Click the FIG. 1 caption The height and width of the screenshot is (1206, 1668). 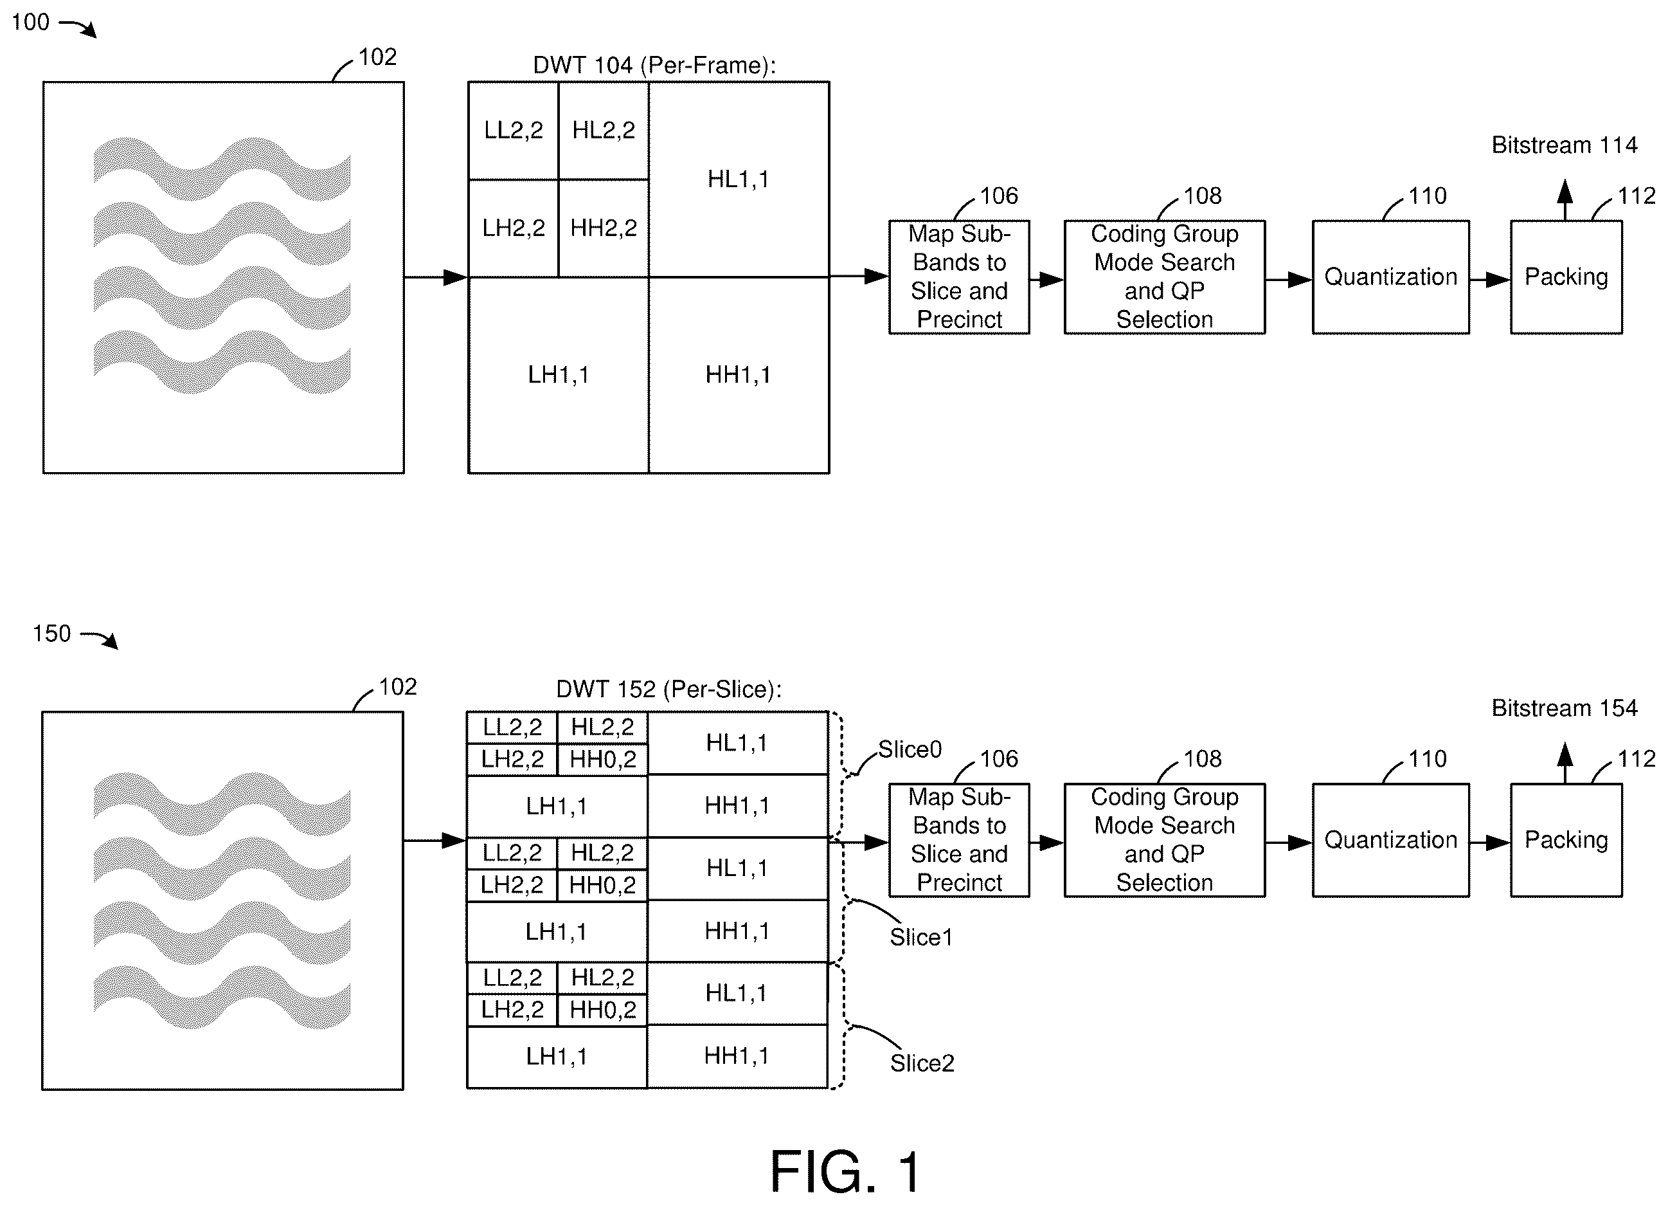[x=845, y=1171]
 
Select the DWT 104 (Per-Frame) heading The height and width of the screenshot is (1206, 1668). [x=654, y=66]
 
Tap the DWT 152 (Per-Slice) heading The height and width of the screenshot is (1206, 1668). [x=668, y=690]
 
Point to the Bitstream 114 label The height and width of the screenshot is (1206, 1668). [x=1565, y=145]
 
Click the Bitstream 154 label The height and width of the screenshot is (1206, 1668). [x=1565, y=708]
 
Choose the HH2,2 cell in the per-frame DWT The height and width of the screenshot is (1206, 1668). [x=604, y=228]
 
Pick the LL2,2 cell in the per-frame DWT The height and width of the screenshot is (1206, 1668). [x=514, y=130]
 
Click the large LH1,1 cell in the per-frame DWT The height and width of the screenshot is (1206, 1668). [x=558, y=375]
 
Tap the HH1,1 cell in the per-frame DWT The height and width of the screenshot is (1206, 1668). [x=739, y=375]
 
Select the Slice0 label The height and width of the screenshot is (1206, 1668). [x=910, y=750]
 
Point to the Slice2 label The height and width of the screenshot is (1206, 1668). [x=922, y=1063]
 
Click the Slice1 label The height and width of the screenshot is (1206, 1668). [x=921, y=937]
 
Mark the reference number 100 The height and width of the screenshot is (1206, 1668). [x=31, y=22]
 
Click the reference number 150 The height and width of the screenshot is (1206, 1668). [x=51, y=634]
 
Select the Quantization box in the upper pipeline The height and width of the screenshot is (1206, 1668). [x=1391, y=277]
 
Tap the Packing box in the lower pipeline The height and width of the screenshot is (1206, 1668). [x=1566, y=840]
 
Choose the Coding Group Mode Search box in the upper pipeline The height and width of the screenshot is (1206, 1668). [x=1164, y=277]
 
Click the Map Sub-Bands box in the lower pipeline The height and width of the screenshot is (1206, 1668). [x=959, y=840]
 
